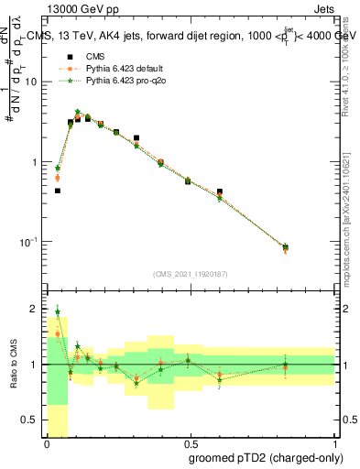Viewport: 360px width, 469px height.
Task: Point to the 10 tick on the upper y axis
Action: click(34, 82)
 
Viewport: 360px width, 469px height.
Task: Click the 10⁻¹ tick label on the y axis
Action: click(30, 242)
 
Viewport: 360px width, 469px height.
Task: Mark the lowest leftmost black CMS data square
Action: click(58, 191)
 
